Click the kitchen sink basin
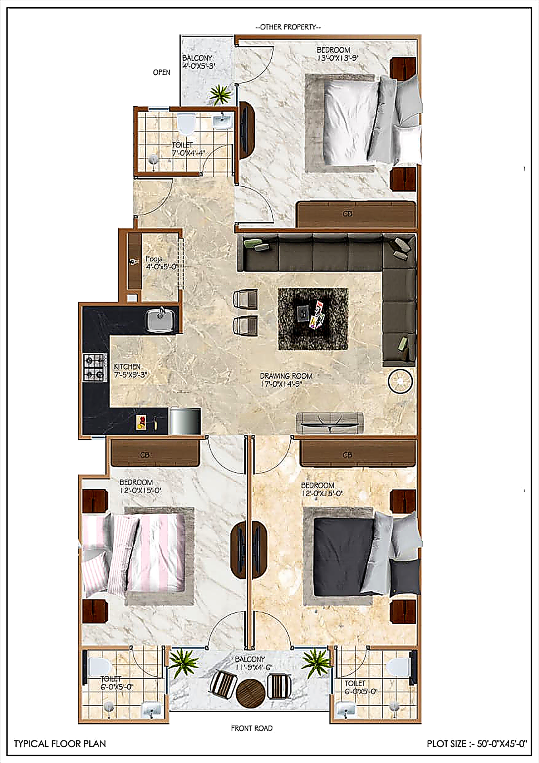pyautogui.click(x=160, y=320)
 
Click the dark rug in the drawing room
pyautogui.click(x=313, y=319)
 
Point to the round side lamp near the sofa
pyautogui.click(x=400, y=381)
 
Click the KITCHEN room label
pyautogui.click(x=127, y=366)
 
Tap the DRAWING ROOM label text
pyautogui.click(x=286, y=376)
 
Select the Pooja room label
pyautogui.click(x=154, y=259)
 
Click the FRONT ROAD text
pyautogui.click(x=252, y=728)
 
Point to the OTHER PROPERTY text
pyautogui.click(x=288, y=27)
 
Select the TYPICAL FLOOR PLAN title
pyautogui.click(x=60, y=744)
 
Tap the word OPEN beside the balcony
pyautogui.click(x=162, y=72)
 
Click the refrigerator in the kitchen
pyautogui.click(x=185, y=421)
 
